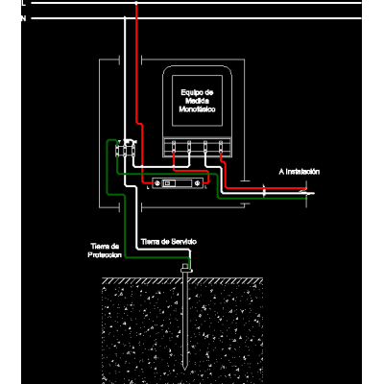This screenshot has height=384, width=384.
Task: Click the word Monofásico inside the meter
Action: click(x=197, y=109)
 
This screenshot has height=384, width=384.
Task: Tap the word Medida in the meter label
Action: click(x=197, y=101)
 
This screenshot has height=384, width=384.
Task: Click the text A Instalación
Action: click(x=300, y=172)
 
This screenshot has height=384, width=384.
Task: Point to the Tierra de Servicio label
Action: click(x=169, y=242)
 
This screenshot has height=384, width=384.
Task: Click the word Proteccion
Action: click(x=105, y=255)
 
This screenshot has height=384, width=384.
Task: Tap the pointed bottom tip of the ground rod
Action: click(x=184, y=370)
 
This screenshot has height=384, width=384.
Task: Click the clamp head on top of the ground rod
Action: click(x=185, y=268)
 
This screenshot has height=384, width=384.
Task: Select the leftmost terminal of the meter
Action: click(x=174, y=146)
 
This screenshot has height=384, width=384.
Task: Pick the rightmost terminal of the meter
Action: click(x=221, y=146)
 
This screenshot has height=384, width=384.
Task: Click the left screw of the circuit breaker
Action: click(x=157, y=183)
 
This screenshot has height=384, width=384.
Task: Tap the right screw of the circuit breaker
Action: click(x=197, y=183)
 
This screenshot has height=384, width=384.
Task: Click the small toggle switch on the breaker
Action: click(x=167, y=183)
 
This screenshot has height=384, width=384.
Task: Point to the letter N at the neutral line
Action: click(x=23, y=18)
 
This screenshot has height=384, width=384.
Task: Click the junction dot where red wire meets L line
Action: click(x=136, y=3)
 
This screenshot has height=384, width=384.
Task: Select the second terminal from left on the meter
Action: click(x=189, y=146)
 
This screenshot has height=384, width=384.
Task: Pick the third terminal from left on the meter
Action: click(x=205, y=146)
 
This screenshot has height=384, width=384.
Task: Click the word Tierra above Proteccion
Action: click(x=101, y=247)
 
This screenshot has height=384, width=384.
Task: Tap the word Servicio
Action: click(x=183, y=242)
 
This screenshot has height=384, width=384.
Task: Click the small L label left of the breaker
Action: click(x=148, y=188)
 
